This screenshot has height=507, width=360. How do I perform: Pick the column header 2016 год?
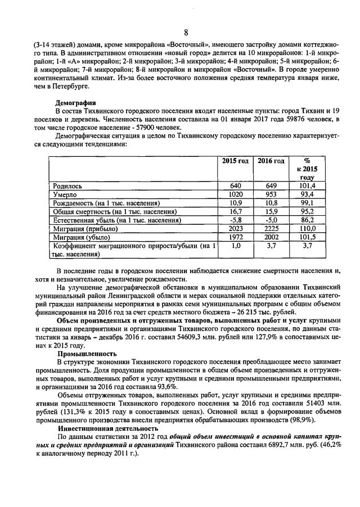(271, 161)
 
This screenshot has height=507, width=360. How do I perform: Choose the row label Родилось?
(67, 185)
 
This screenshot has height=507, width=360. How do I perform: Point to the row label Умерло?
(64, 194)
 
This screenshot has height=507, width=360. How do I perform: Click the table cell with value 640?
(236, 185)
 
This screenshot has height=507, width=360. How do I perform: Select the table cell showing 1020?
(236, 194)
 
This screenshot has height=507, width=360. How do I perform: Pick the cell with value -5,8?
(236, 220)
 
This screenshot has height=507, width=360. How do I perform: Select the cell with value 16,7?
(236, 211)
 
